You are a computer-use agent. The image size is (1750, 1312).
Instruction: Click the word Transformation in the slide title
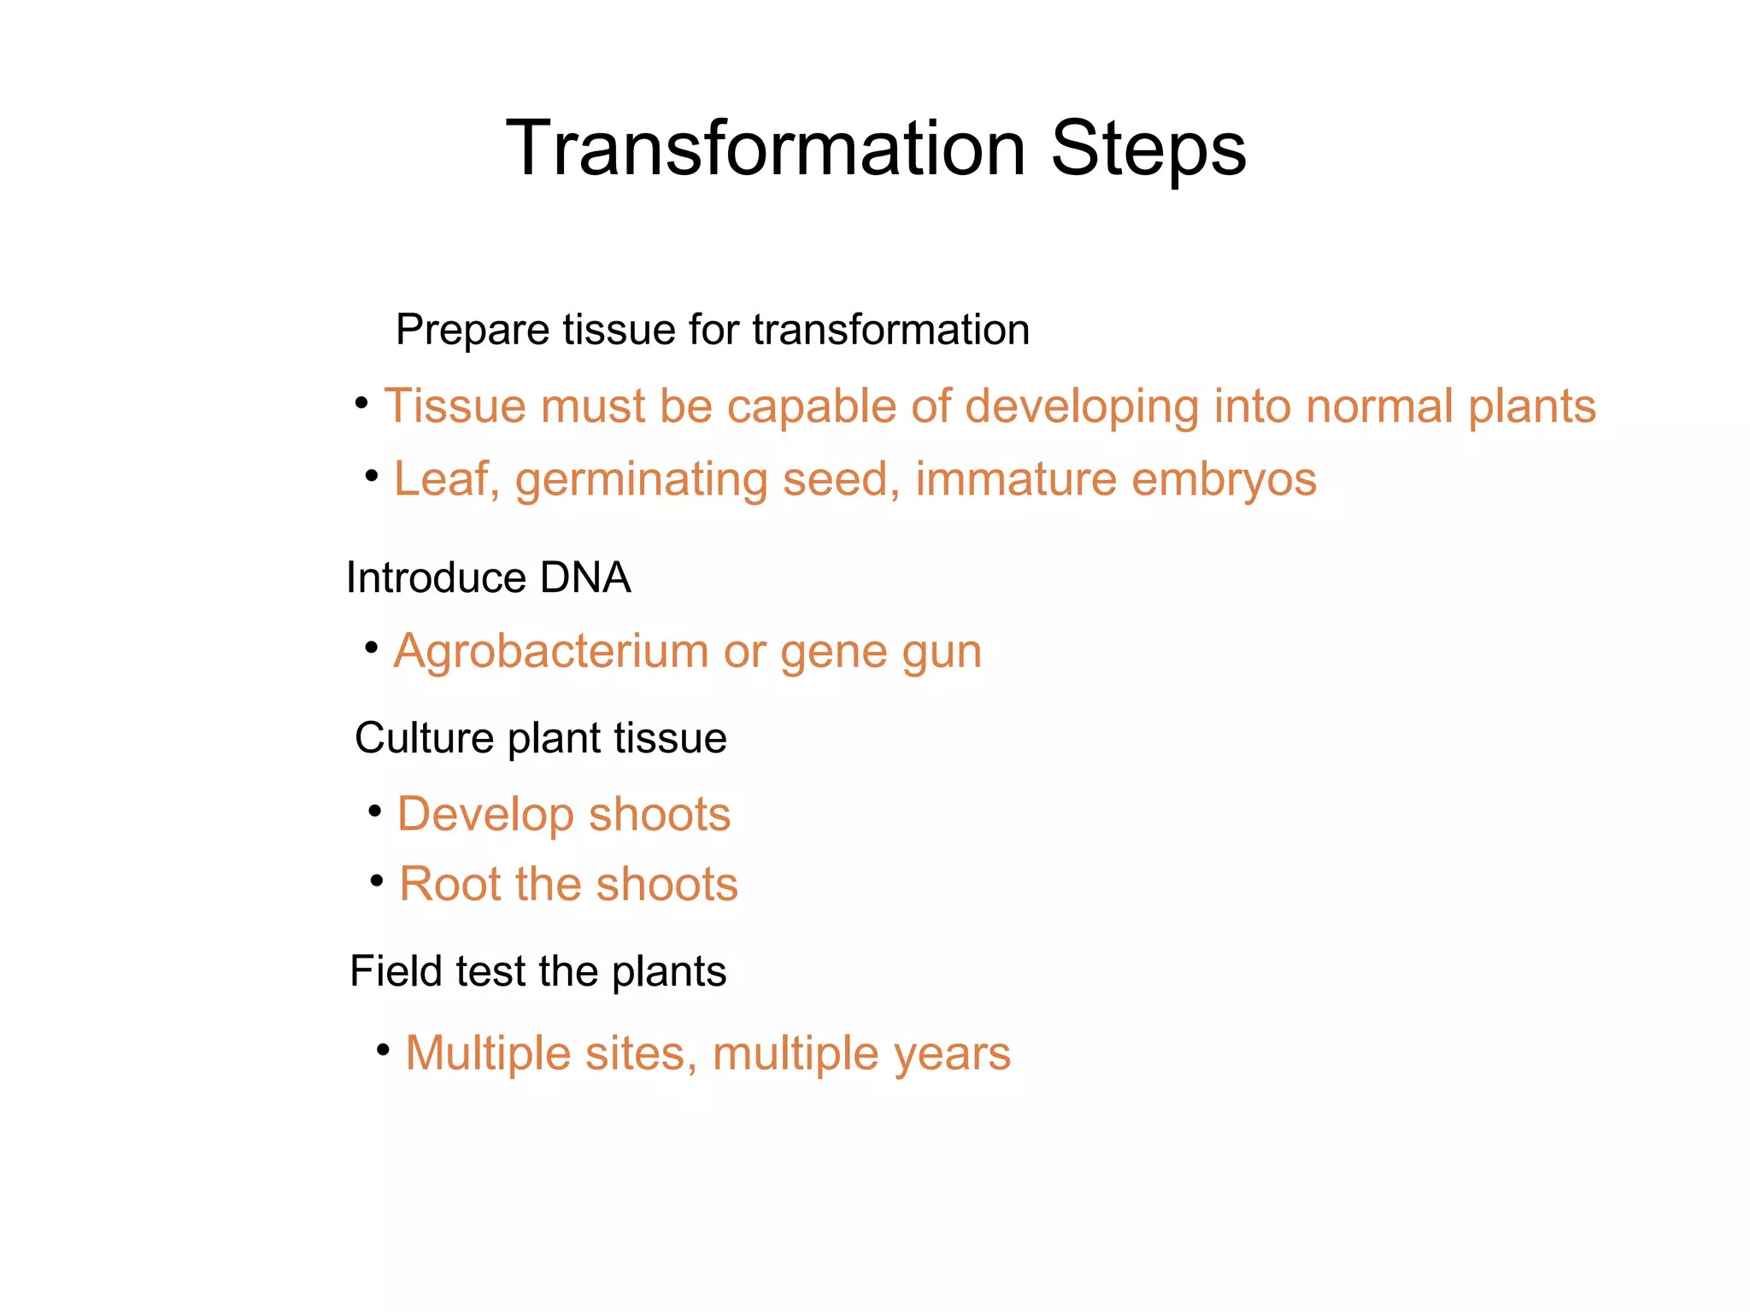pos(766,149)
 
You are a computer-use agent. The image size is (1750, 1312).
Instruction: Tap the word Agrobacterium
pos(550,652)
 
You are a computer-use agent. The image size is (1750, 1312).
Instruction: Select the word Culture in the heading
pos(424,738)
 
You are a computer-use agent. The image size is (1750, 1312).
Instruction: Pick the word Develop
pos(485,815)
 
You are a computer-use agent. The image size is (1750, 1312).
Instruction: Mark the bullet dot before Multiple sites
pos(384,1048)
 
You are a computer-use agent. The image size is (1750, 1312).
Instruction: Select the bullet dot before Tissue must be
pos(361,401)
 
